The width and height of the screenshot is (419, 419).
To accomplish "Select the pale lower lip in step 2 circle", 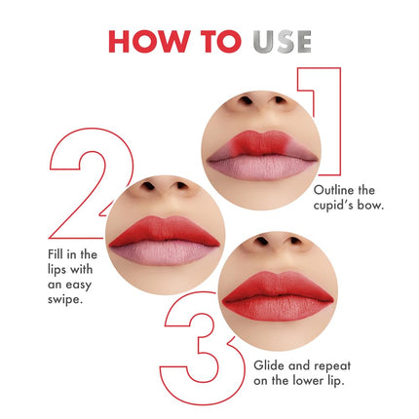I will point(164,252).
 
